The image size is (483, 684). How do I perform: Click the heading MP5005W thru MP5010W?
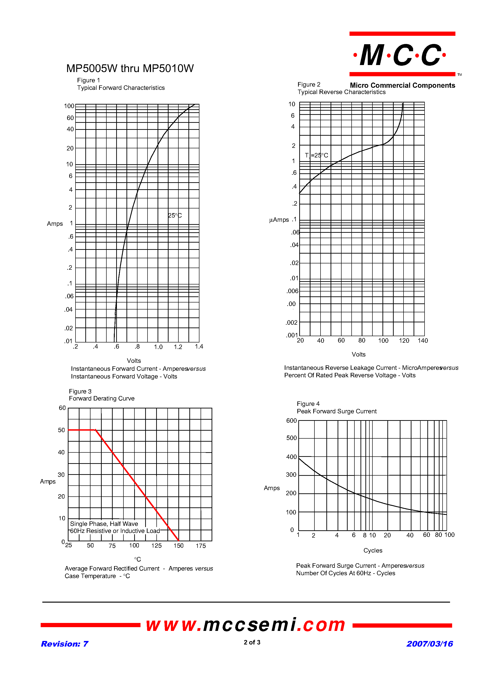tap(130, 69)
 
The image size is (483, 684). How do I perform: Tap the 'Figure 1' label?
tap(88, 80)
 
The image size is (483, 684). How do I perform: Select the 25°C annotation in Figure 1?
tap(175, 215)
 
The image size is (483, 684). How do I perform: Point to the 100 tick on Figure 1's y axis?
tap(69, 106)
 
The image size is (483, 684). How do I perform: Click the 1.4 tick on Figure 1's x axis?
tap(199, 346)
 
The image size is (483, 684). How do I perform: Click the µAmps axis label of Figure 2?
tap(279, 220)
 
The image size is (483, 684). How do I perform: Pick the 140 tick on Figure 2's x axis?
tap(422, 341)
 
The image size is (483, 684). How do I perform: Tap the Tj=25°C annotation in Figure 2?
tap(316, 155)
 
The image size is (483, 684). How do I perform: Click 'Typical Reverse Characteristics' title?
tap(341, 92)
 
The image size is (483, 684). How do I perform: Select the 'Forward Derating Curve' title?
tap(101, 398)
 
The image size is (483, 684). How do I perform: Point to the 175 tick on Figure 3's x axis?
tap(201, 546)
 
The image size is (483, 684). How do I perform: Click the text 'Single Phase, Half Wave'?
tap(104, 524)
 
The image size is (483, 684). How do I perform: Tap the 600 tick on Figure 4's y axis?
tap(291, 421)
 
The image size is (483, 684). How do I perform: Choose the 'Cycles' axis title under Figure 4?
tap(372, 550)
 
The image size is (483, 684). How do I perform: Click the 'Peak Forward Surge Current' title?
tap(336, 411)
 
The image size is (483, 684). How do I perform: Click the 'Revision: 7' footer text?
tap(65, 644)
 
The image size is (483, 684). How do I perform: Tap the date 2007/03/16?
tap(429, 644)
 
